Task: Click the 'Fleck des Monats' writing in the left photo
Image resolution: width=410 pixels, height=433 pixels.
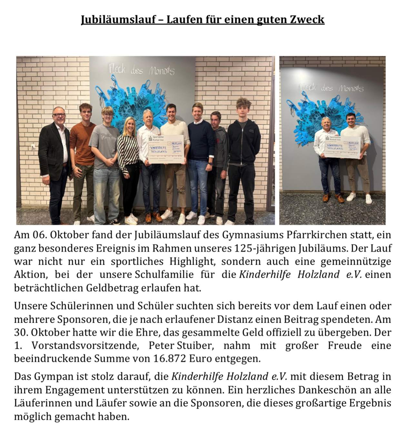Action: pos(142,70)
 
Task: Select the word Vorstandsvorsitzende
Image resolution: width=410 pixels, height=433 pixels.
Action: pos(85,345)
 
